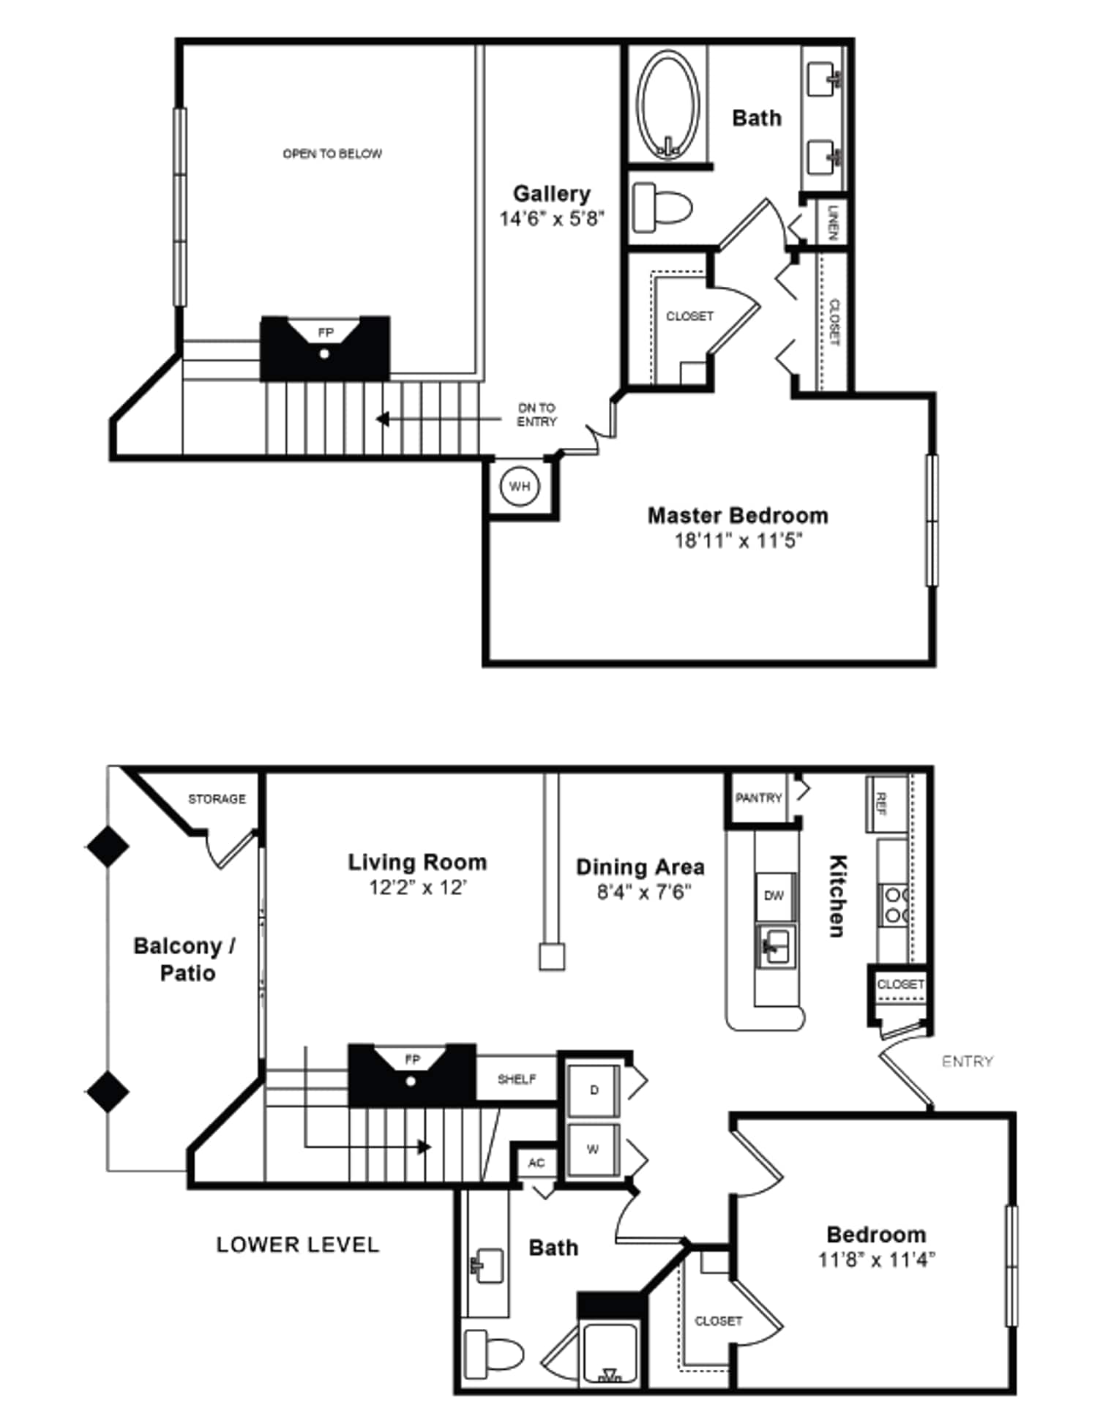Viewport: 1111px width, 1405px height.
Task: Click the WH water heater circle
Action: click(x=519, y=487)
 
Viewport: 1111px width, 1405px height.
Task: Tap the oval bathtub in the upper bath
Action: click(x=667, y=105)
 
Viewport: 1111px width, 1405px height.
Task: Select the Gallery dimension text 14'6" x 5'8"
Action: click(x=551, y=219)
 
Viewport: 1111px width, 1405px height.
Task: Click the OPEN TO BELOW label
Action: click(x=332, y=154)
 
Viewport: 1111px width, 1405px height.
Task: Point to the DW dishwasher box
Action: click(x=774, y=896)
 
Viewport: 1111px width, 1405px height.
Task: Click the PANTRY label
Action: click(x=758, y=798)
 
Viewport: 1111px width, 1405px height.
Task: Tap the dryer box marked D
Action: click(x=594, y=1090)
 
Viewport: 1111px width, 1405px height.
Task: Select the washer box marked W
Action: click(x=593, y=1150)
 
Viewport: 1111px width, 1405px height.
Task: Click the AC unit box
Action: click(x=536, y=1163)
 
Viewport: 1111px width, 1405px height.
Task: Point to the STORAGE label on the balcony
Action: click(x=217, y=799)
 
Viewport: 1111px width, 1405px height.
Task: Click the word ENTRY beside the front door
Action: click(x=967, y=1061)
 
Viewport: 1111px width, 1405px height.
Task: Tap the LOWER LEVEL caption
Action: click(x=297, y=1245)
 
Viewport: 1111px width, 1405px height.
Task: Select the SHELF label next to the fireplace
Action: click(x=517, y=1079)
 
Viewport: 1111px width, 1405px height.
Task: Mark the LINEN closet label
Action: click(x=832, y=222)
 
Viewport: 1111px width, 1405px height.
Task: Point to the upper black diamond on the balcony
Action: click(x=108, y=847)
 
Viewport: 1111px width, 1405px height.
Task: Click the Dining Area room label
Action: click(x=640, y=867)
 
